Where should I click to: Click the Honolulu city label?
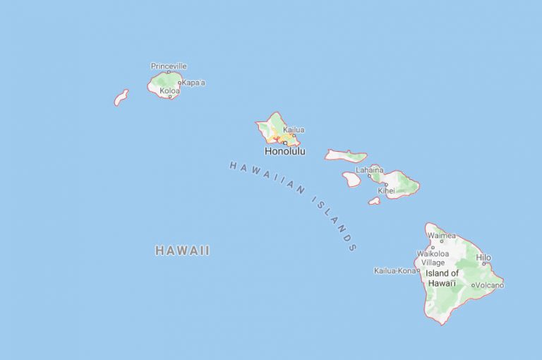click(285, 151)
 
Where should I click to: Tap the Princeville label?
click(169, 66)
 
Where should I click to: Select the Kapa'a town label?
click(193, 83)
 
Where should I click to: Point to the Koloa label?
click(169, 91)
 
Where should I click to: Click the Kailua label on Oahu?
click(294, 130)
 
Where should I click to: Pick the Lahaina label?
click(370, 169)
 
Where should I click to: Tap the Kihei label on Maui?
click(386, 191)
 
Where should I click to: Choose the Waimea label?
click(441, 236)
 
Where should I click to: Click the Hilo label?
click(483, 258)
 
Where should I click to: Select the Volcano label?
click(489, 285)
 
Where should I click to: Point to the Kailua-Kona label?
click(395, 270)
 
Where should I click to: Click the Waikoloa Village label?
click(433, 258)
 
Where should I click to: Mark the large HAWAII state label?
click(182, 251)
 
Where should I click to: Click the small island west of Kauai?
click(121, 97)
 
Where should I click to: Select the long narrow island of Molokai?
click(346, 155)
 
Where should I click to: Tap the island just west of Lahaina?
click(351, 179)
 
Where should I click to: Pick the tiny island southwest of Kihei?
click(374, 201)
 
